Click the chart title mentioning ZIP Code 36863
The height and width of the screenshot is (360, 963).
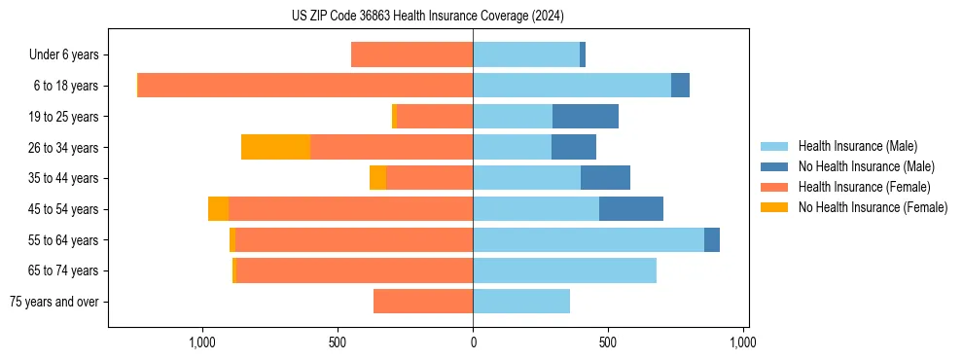pos(427,17)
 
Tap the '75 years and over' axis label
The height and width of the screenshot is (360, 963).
pos(54,302)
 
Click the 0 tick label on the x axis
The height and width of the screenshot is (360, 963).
pos(473,343)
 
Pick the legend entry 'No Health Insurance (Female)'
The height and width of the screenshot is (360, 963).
pos(873,207)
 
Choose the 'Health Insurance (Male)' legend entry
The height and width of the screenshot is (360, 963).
pos(857,146)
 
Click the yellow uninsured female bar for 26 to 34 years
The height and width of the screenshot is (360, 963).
pos(275,147)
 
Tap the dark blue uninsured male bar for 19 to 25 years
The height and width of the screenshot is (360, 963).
pos(586,117)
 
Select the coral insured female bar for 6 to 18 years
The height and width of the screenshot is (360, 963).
pos(305,86)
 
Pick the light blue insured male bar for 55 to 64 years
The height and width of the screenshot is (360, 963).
pos(588,239)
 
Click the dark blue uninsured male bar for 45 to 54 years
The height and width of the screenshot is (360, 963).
pos(631,209)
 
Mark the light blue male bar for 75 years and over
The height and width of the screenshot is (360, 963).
pos(521,302)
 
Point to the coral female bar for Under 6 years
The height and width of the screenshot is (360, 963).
pos(412,54)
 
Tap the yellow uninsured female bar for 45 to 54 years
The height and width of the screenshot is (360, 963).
pos(218,209)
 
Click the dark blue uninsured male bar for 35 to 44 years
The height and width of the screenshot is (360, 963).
pos(605,178)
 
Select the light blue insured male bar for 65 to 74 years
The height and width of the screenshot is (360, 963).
pos(564,270)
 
